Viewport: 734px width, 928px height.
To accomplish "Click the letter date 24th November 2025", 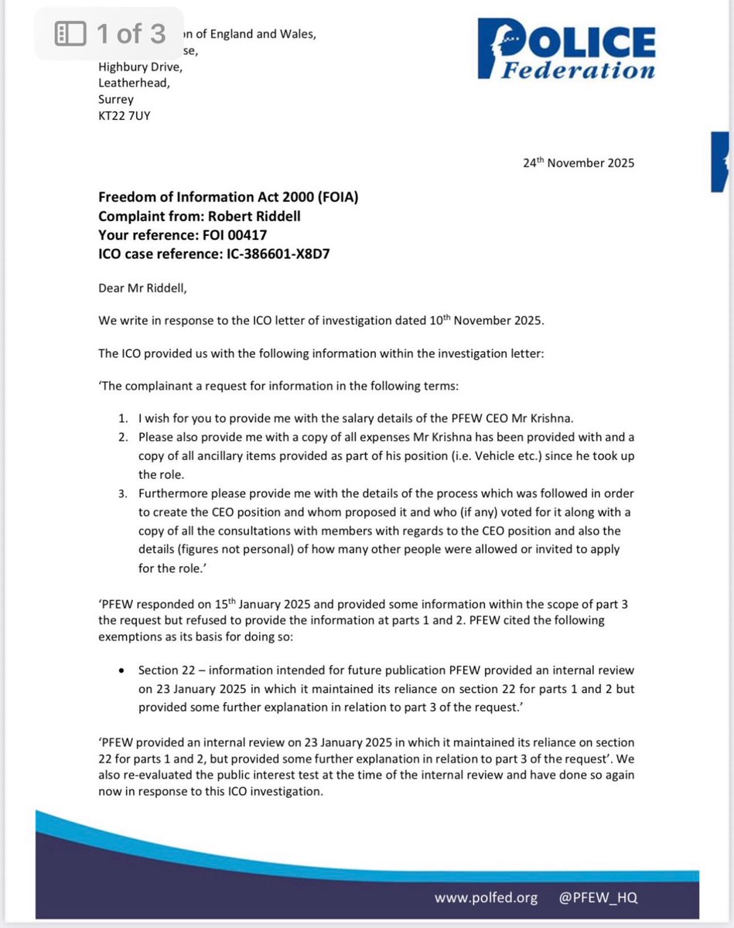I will click(x=579, y=163).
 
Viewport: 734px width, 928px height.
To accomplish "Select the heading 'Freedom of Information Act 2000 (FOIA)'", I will click(x=228, y=198).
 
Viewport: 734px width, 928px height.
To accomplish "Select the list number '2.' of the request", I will click(x=123, y=437).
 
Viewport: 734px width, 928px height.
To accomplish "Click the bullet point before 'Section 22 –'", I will click(x=123, y=670).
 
